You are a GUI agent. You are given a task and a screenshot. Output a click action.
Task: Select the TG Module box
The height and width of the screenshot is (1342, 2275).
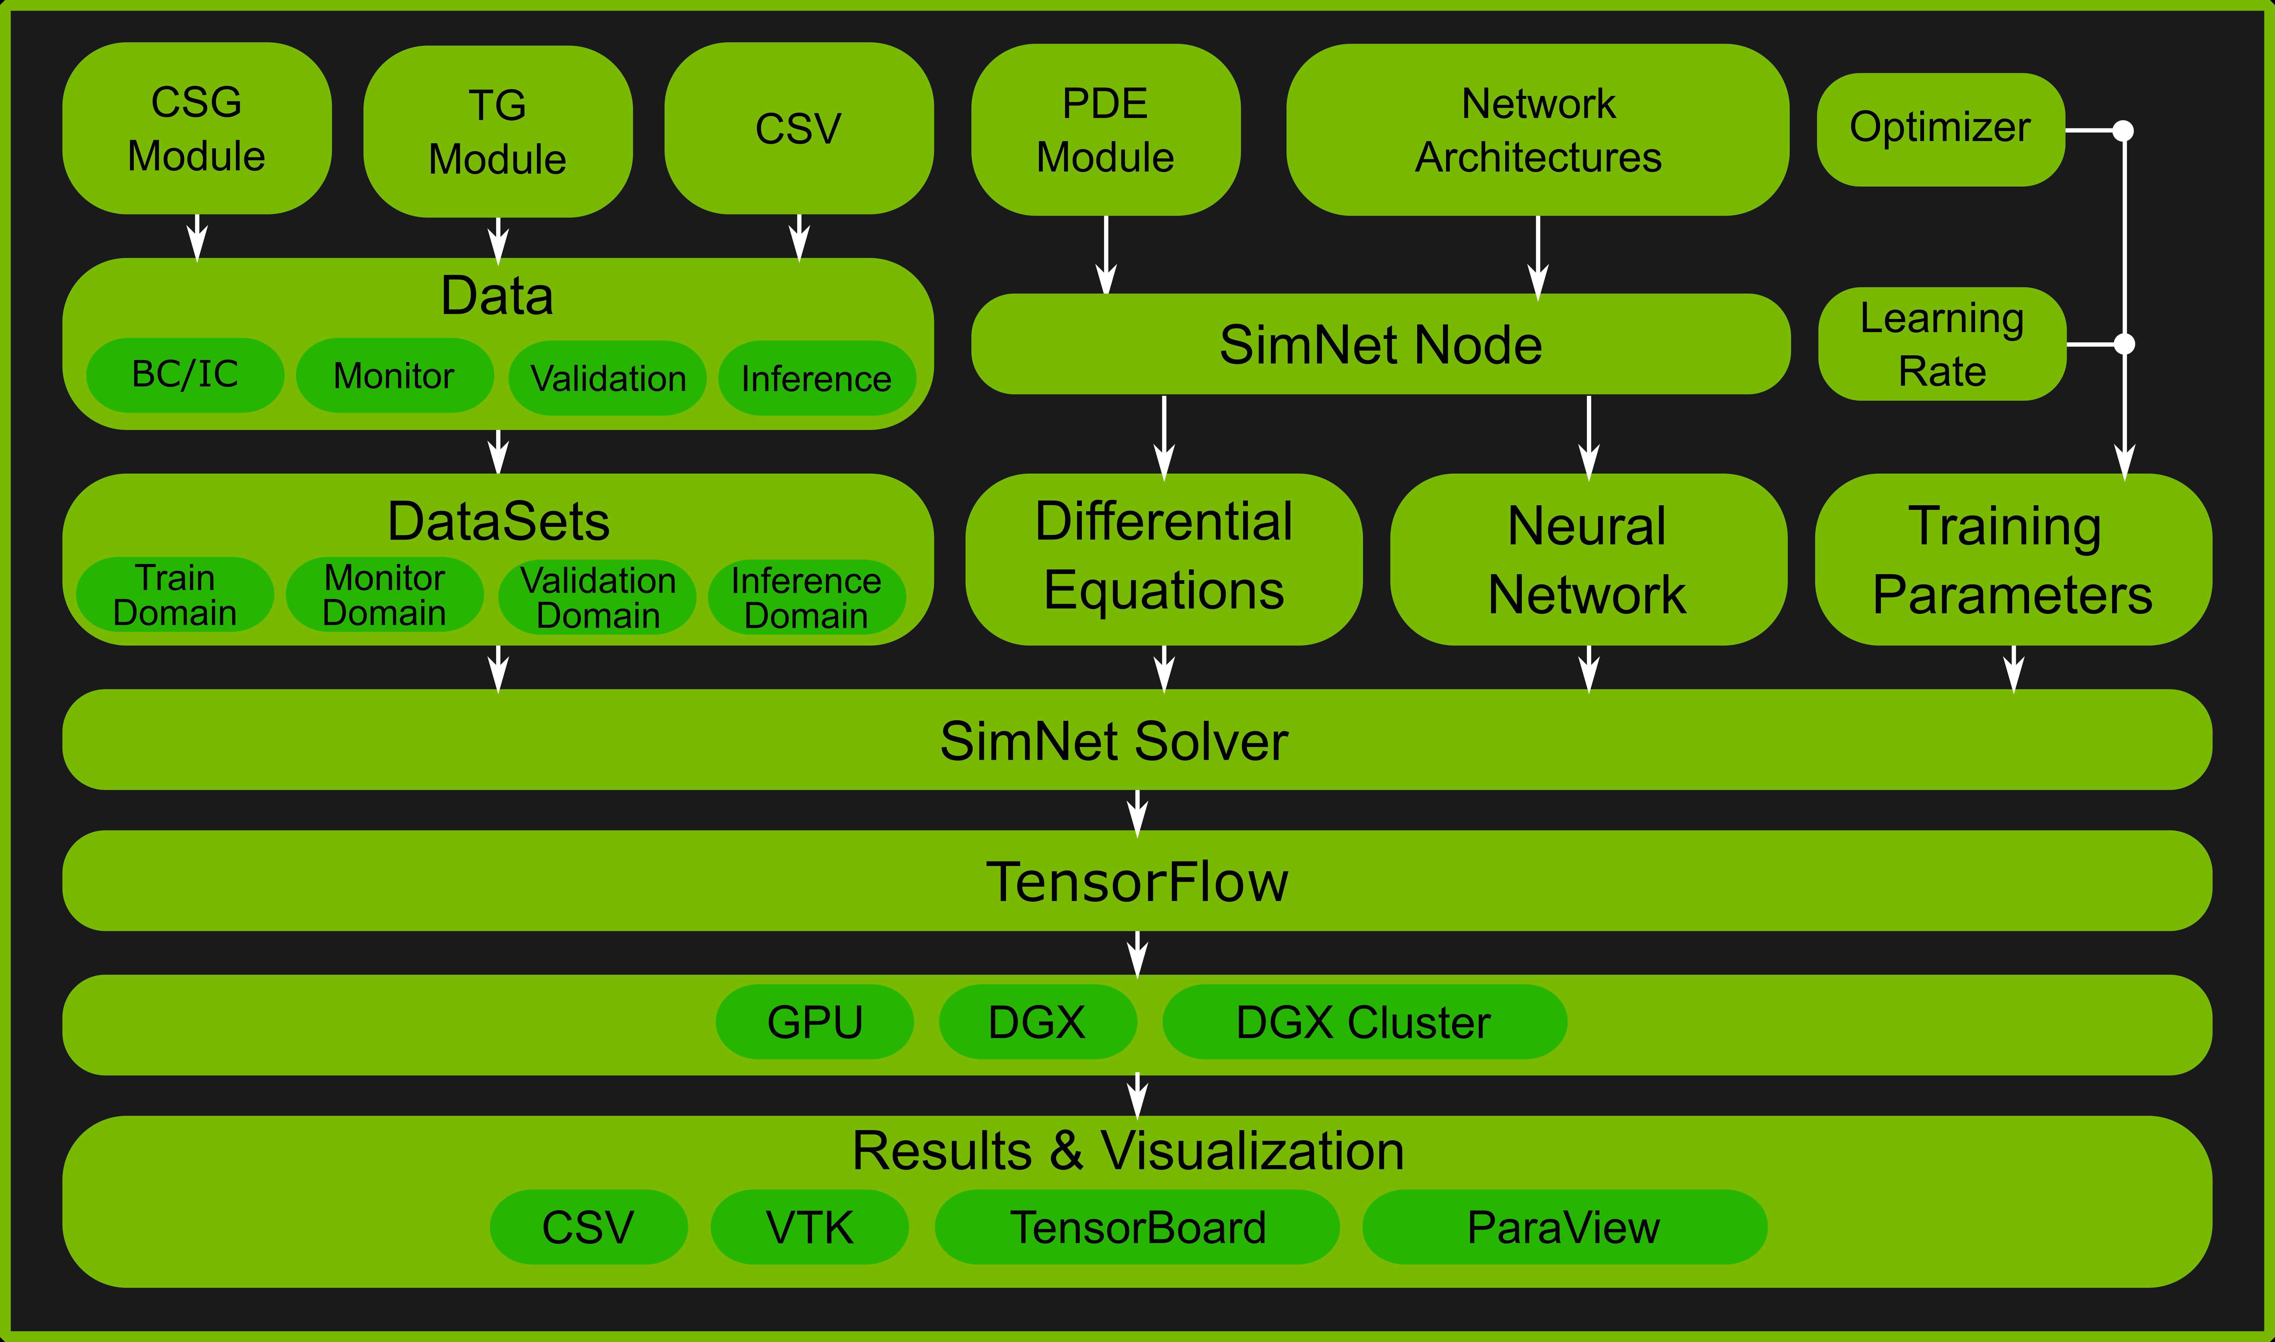497,132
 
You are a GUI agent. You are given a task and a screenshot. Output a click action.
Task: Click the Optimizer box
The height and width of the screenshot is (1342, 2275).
1940,128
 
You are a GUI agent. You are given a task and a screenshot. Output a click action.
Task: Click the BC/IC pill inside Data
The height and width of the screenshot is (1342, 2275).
184,374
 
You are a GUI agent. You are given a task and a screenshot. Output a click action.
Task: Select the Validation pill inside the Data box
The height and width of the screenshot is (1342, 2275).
608,378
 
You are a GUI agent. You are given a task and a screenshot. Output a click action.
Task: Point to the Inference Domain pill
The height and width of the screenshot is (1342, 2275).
806,598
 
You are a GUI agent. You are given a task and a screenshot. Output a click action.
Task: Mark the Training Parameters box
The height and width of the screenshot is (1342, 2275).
2013,560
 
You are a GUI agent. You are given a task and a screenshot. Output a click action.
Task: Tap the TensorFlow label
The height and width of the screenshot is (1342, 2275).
1137,882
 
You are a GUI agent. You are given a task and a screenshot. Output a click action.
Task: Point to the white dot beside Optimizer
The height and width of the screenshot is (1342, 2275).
2123,131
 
